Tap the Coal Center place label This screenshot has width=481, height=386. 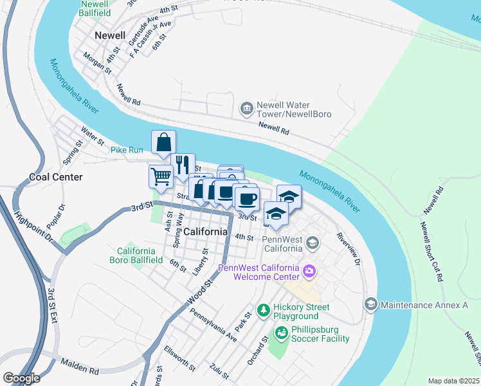pyautogui.click(x=56, y=177)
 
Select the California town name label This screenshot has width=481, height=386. pyautogui.click(x=206, y=232)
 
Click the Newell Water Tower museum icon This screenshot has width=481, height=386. pyautogui.click(x=246, y=109)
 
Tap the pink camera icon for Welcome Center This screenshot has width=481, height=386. pyautogui.click(x=309, y=272)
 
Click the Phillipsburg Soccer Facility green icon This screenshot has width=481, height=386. pyautogui.click(x=281, y=333)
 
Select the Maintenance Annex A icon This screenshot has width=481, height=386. pyautogui.click(x=371, y=304)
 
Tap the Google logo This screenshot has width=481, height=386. pyautogui.click(x=21, y=378)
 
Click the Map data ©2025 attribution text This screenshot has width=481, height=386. pyautogui.click(x=453, y=381)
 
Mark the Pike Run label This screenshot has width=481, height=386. pyautogui.click(x=127, y=150)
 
